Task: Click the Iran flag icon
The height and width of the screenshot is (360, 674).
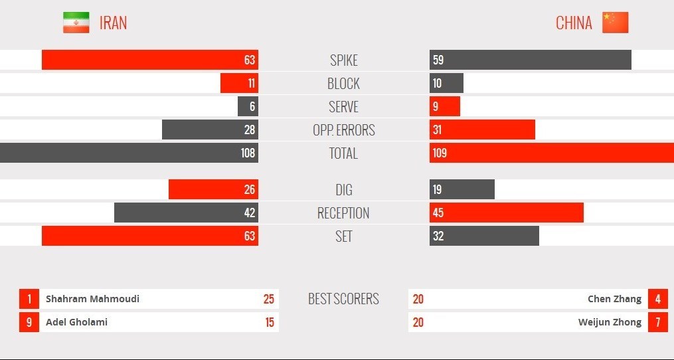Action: (76, 23)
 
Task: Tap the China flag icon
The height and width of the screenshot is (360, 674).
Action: (615, 23)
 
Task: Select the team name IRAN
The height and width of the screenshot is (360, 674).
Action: (113, 23)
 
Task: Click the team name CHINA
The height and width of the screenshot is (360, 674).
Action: (574, 23)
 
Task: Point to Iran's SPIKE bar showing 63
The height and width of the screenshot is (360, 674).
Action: (150, 60)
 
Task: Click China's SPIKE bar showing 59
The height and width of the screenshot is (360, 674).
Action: (530, 60)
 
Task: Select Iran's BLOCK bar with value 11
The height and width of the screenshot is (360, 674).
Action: (239, 83)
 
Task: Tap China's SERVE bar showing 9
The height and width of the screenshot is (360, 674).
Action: (444, 106)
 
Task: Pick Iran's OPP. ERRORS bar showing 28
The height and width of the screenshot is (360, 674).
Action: (210, 130)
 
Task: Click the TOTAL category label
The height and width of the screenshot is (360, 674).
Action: (343, 153)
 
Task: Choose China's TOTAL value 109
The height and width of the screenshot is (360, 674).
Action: (440, 153)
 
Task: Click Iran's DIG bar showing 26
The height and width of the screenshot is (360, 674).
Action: (213, 189)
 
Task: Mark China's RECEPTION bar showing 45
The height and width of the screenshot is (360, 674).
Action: (506, 213)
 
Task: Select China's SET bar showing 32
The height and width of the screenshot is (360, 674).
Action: (484, 236)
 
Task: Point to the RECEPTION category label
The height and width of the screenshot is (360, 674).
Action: (343, 213)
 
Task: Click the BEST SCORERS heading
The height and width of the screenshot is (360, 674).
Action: (343, 299)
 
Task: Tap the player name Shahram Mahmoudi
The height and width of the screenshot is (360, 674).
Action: (92, 299)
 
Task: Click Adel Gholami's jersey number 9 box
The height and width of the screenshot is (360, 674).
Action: (29, 322)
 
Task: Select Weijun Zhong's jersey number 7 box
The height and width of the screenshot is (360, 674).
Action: (657, 322)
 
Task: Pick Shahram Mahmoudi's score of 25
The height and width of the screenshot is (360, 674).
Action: (268, 299)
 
